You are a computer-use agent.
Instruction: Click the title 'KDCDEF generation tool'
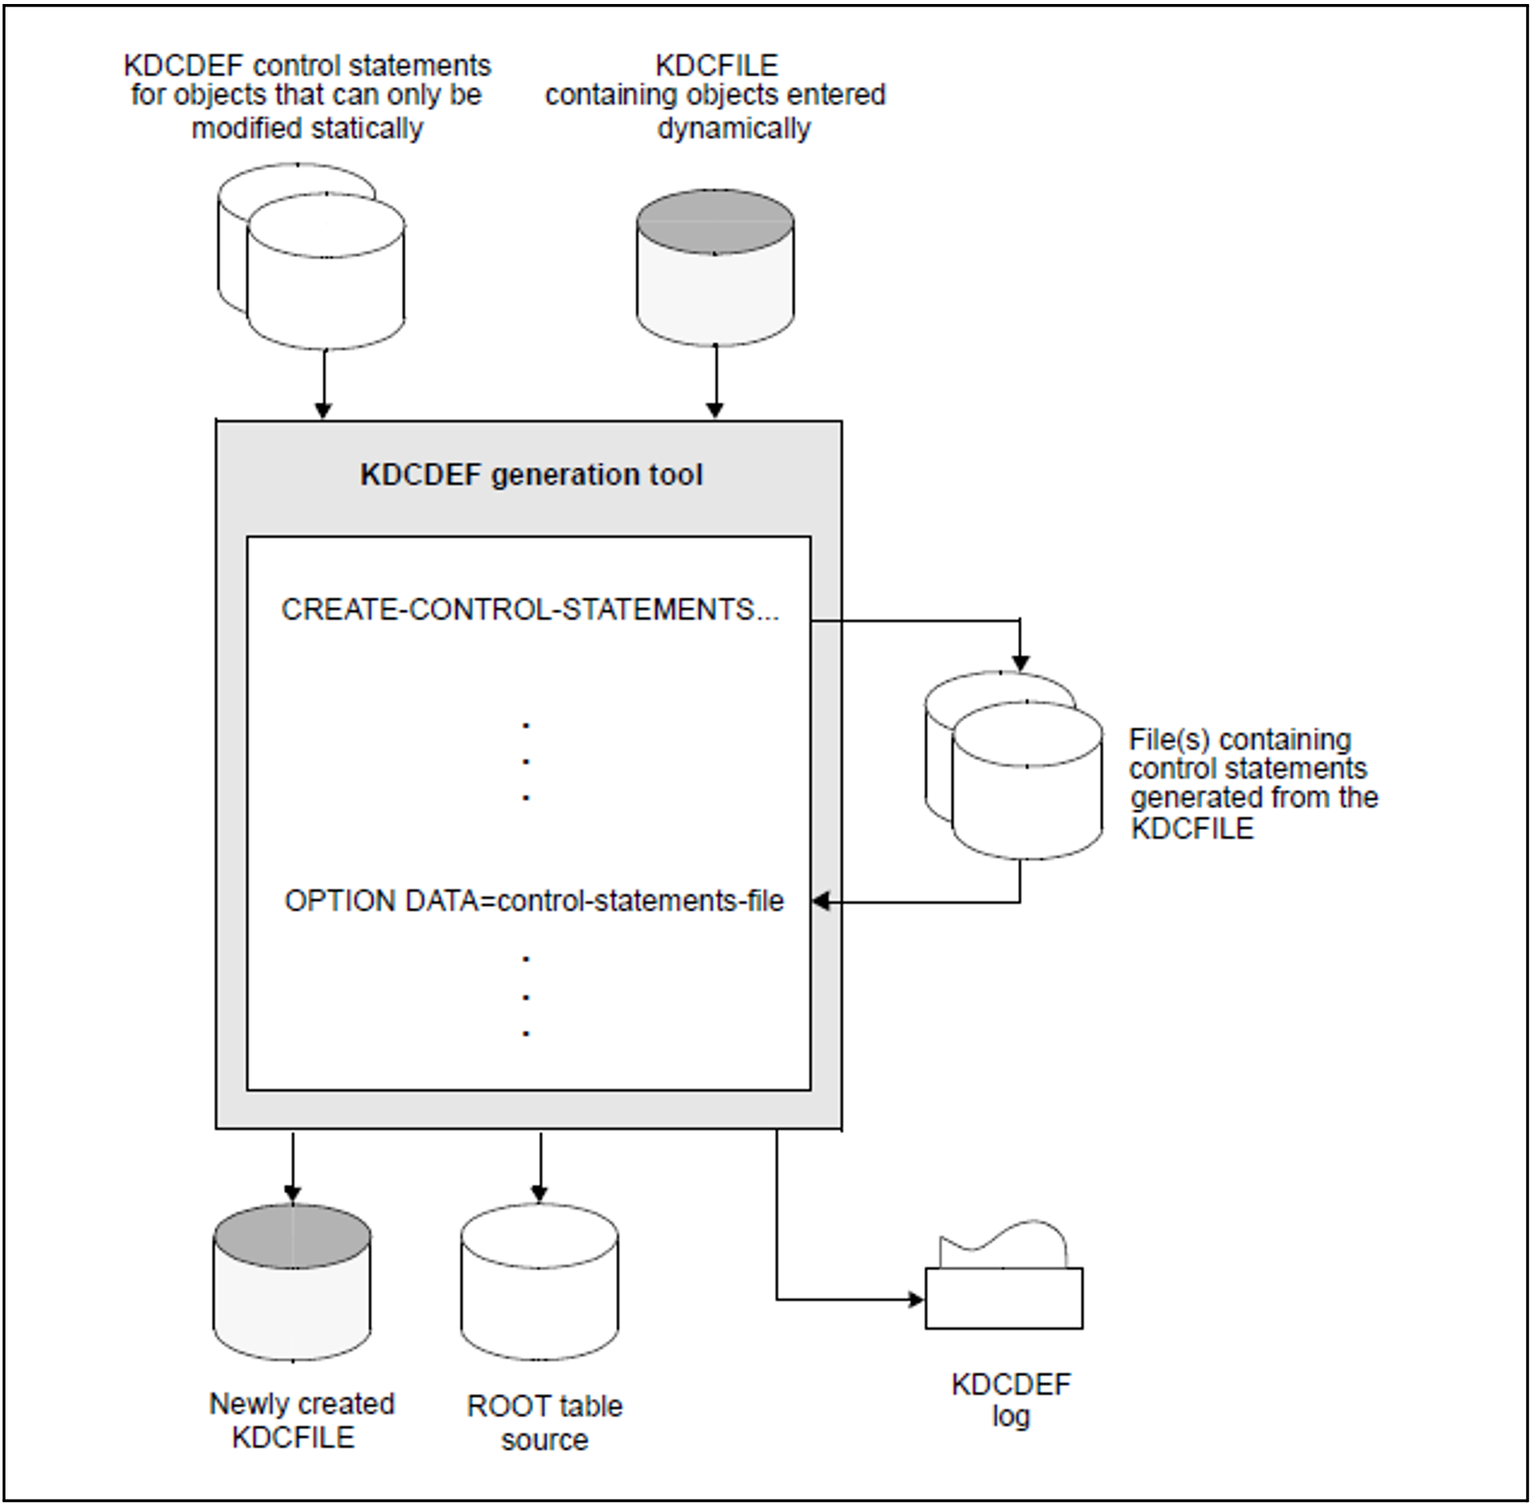point(531,475)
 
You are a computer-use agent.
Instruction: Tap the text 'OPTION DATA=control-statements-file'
point(534,901)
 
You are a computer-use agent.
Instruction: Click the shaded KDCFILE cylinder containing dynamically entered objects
point(715,273)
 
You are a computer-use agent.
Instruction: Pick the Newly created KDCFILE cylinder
point(292,1284)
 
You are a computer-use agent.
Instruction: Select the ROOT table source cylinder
point(539,1284)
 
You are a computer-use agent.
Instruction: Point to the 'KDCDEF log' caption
point(1011,1399)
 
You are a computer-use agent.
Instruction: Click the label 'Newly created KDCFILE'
point(301,1420)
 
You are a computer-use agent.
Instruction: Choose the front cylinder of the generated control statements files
point(1027,786)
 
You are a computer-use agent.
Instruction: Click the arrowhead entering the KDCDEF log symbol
point(915,1299)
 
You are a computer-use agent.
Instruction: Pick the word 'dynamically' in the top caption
point(733,128)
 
